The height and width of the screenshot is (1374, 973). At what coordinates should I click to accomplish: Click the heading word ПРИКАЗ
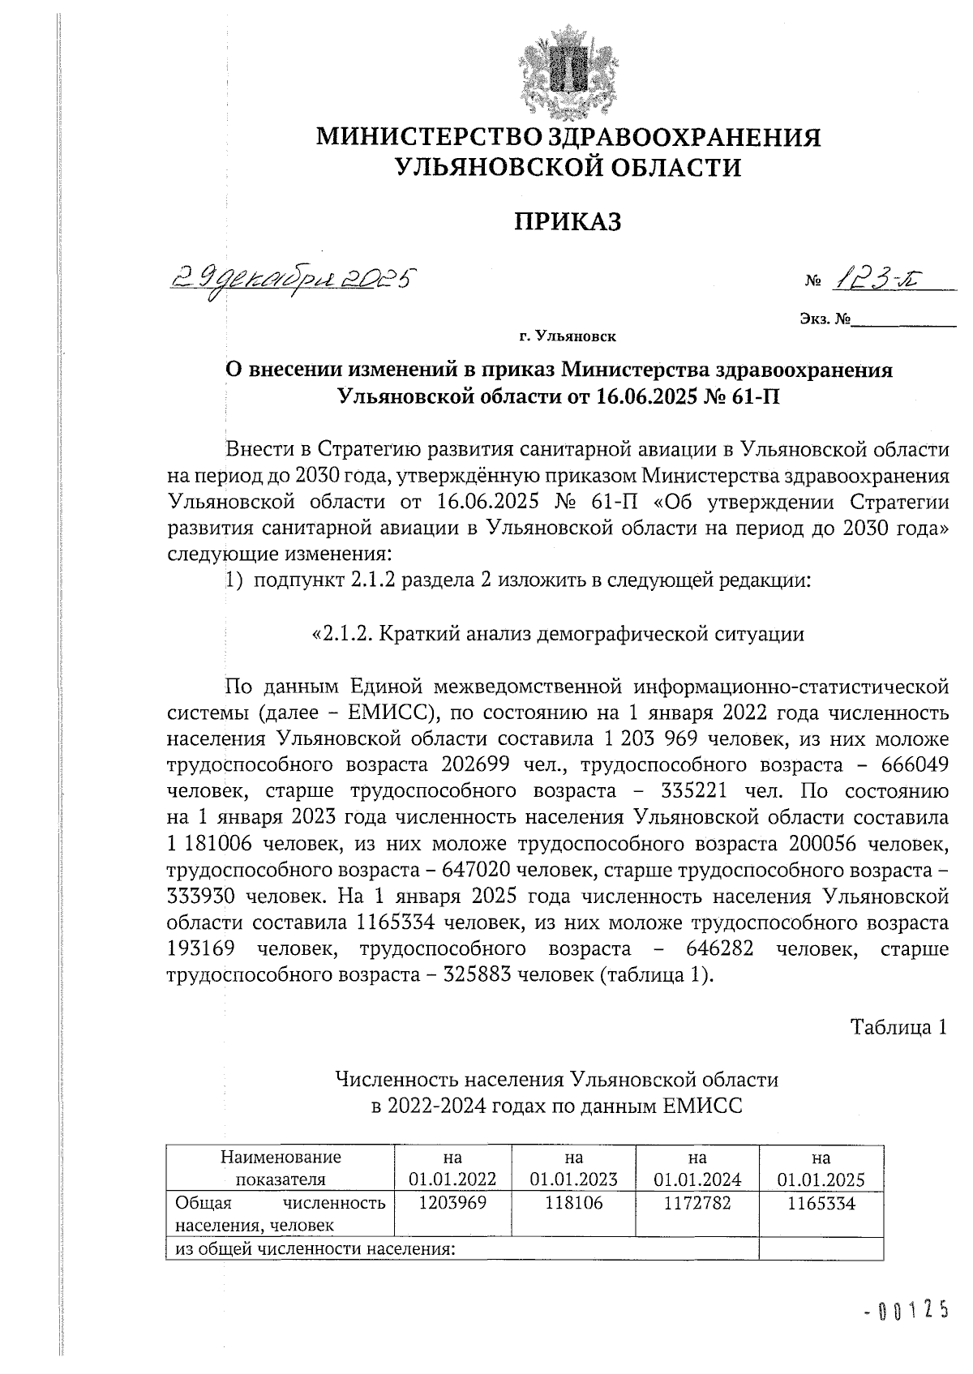(568, 220)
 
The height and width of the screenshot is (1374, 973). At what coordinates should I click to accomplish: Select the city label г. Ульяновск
(567, 335)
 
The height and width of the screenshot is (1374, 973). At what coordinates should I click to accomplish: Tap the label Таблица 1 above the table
(898, 1027)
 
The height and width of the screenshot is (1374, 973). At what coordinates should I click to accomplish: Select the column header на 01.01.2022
(452, 1168)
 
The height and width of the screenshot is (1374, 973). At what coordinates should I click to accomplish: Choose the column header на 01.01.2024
(697, 1168)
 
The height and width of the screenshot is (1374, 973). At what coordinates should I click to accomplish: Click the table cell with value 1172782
(697, 1204)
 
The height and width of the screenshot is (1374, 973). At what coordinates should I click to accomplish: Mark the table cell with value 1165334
(821, 1204)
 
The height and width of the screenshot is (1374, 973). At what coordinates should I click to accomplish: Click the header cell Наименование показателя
(280, 1168)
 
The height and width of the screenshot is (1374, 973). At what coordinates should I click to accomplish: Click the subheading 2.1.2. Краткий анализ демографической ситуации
(558, 634)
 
